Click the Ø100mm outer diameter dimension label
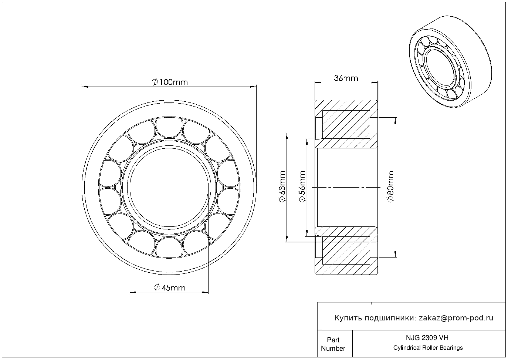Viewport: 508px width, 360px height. coord(170,82)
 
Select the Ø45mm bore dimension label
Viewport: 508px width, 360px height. coord(170,287)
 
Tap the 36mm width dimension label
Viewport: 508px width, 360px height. coord(346,78)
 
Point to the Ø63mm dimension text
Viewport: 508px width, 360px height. coord(282,186)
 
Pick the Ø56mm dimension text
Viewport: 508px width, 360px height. coord(302,186)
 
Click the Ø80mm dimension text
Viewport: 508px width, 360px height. coord(390,186)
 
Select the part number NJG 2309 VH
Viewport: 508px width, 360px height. coord(427,338)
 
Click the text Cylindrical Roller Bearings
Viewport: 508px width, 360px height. coord(428,348)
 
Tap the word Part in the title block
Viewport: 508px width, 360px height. coord(333,340)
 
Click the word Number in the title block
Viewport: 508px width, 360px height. coord(333,348)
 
